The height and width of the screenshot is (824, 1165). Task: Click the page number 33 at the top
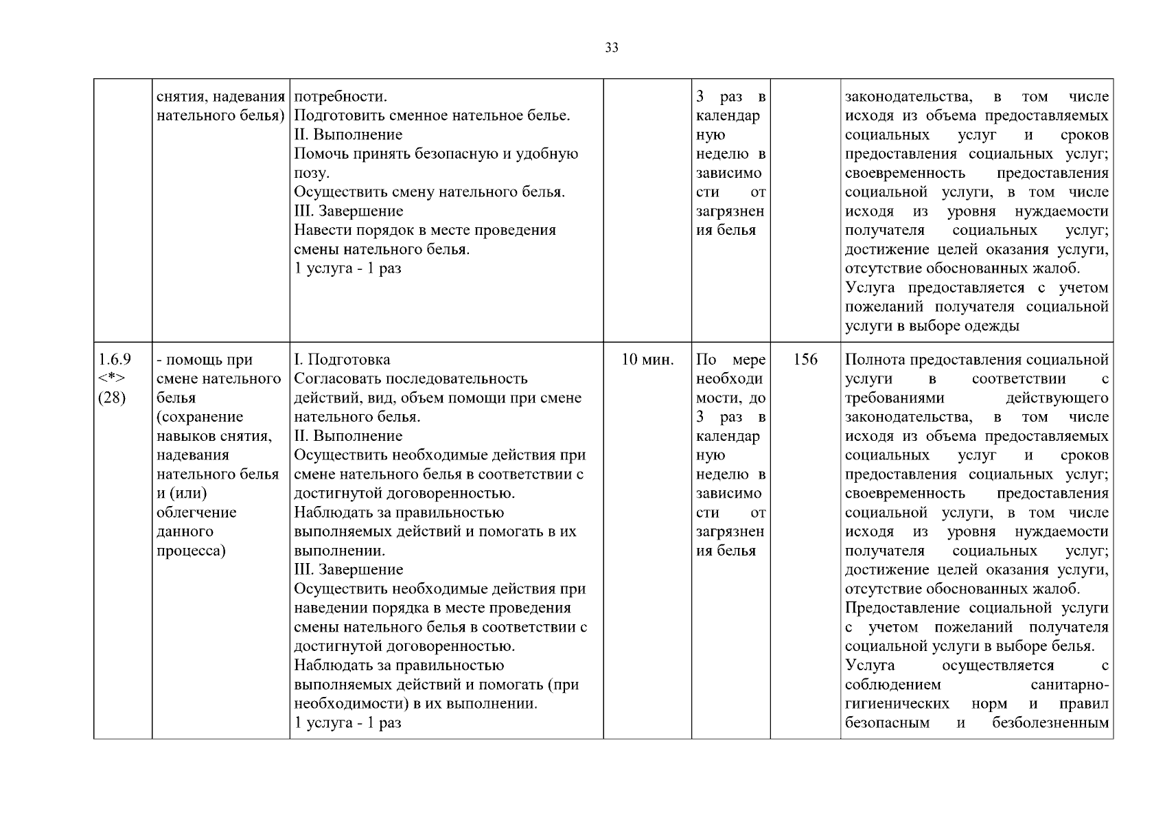612,47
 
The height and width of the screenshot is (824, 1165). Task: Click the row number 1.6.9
115,359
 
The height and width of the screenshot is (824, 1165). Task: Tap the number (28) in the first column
113,398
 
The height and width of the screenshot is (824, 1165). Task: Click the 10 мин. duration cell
647,359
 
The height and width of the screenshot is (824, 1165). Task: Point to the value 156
805,359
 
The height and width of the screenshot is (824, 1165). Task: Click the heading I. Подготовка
342,359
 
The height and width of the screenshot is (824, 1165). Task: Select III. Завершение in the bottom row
349,569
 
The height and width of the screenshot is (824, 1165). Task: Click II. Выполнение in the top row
348,135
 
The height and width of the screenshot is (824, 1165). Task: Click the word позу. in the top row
312,173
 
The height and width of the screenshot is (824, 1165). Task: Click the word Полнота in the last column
871,359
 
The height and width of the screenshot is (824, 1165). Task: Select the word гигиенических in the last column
897,704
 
